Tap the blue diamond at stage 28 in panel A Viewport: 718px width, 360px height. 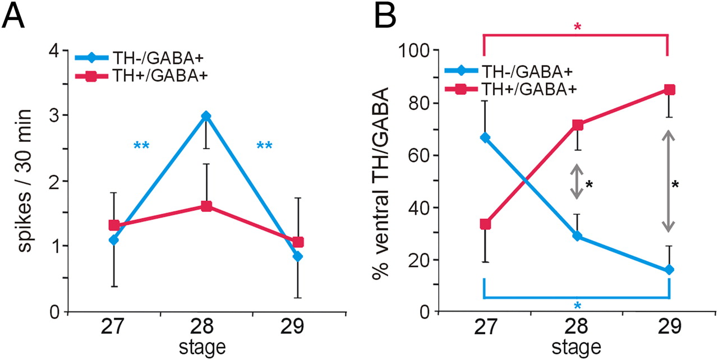point(206,116)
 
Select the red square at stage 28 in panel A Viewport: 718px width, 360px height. point(206,206)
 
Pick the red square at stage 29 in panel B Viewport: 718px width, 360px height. point(669,90)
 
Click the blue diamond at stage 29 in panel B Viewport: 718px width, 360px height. point(669,270)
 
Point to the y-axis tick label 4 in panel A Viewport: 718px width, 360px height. point(54,50)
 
